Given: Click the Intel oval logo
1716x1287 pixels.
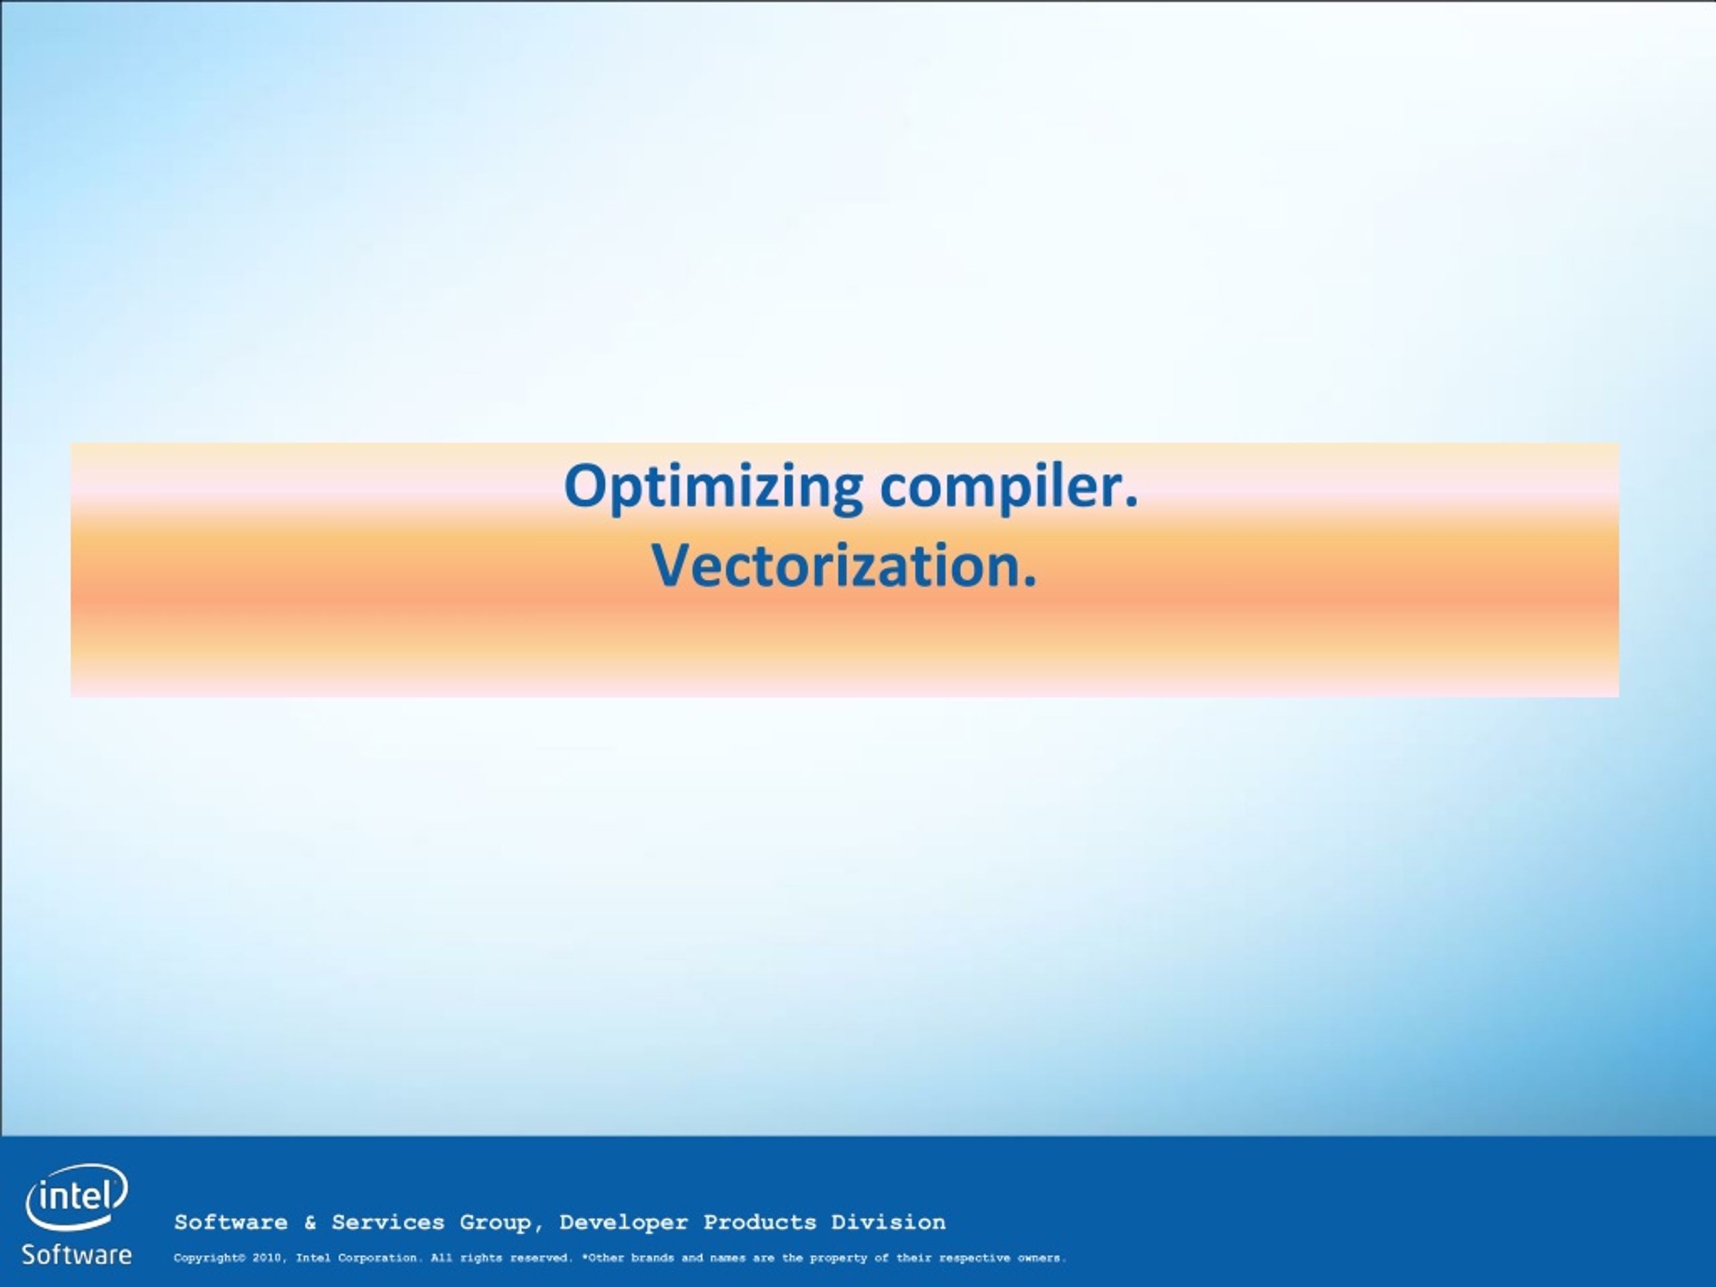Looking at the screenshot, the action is pyautogui.click(x=77, y=1197).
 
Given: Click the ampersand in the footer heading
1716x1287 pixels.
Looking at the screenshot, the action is pyautogui.click(x=310, y=1223).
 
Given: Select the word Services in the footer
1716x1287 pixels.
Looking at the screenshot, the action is pyautogui.click(x=388, y=1223).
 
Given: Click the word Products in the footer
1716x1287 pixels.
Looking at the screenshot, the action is pyautogui.click(x=759, y=1223).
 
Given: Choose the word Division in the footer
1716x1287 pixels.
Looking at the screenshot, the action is pyautogui.click(x=888, y=1223).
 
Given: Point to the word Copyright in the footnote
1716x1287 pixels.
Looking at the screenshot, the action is pyautogui.click(x=206, y=1259).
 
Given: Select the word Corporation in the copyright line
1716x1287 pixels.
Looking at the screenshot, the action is pyautogui.click(x=378, y=1259).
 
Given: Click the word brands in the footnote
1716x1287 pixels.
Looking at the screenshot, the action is pyautogui.click(x=652, y=1258).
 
